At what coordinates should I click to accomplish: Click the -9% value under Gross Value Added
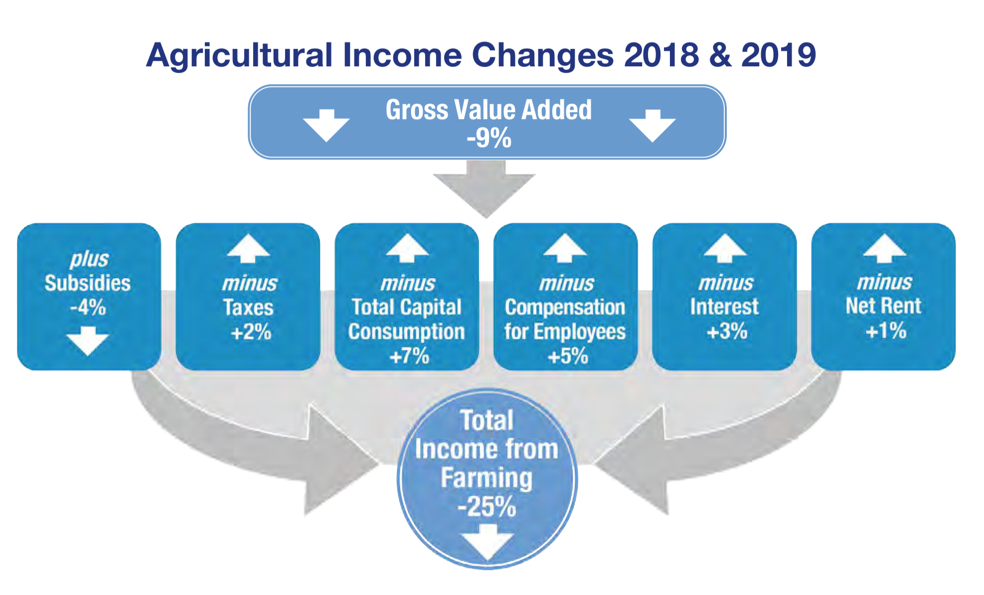(489, 138)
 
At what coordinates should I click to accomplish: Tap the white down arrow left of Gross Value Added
(326, 125)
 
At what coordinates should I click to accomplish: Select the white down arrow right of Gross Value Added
(652, 126)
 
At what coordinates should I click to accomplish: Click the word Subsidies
(88, 283)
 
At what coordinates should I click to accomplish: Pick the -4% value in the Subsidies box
(88, 307)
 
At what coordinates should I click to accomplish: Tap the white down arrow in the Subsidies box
(88, 341)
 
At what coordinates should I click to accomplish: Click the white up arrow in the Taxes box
(248, 248)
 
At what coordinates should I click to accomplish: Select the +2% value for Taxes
(251, 332)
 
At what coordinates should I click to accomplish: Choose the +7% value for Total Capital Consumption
(409, 356)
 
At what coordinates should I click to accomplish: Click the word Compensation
(565, 307)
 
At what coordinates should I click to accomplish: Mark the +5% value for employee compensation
(568, 356)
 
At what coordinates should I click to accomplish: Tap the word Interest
(724, 306)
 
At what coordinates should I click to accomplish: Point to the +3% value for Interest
(727, 331)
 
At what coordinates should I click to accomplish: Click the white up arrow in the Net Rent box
(884, 248)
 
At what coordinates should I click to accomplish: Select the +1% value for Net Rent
(886, 330)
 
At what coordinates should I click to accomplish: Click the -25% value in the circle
(487, 507)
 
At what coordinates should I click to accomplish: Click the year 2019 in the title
(779, 54)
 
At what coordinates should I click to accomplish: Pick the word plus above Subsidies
(89, 259)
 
